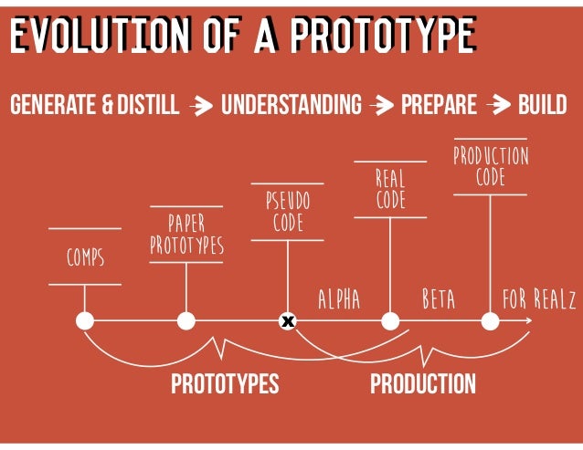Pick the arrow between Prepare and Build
(x=498, y=107)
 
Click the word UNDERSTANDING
(x=291, y=106)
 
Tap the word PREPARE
(x=439, y=106)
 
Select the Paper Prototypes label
(x=186, y=235)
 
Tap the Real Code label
(x=390, y=188)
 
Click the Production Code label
(x=491, y=165)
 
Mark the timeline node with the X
(x=288, y=321)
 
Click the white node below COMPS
(x=85, y=321)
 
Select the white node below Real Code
(x=390, y=321)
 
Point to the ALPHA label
(x=339, y=299)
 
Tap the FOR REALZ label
(x=539, y=299)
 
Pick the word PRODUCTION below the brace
(x=422, y=384)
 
